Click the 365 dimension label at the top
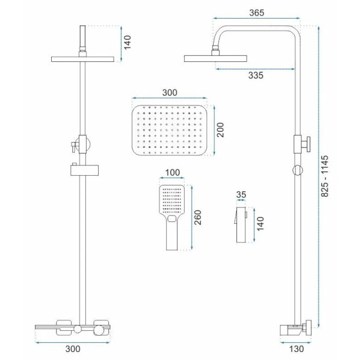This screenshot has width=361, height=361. click(256, 13)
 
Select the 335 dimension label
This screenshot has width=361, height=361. click(256, 75)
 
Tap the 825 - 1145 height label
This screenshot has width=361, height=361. click(325, 176)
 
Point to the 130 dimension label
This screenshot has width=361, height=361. click(296, 349)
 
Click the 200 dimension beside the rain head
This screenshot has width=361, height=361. click(220, 130)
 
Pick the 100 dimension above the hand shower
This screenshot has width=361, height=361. click(173, 173)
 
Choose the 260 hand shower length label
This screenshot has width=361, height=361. click(198, 218)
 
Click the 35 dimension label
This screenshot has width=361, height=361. click(241, 194)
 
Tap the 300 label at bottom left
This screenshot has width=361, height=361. click(73, 349)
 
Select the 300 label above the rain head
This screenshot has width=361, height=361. click(170, 93)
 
